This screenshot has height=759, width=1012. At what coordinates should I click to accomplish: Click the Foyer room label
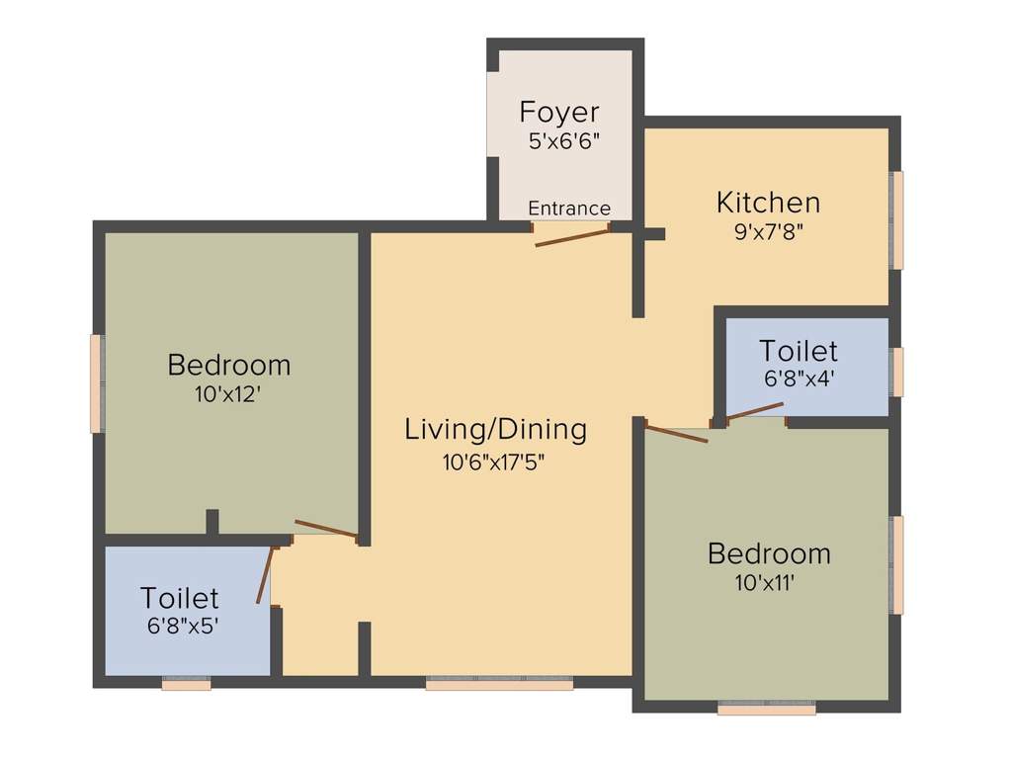559,112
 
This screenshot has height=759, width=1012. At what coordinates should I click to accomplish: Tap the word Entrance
569,209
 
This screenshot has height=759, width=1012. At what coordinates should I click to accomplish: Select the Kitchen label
768,203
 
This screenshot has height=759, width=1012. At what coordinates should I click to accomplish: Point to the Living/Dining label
496,429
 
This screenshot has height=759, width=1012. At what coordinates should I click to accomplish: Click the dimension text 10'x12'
229,394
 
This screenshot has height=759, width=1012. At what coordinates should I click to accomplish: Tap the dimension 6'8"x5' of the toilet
180,626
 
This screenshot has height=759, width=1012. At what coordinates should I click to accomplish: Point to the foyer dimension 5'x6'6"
559,140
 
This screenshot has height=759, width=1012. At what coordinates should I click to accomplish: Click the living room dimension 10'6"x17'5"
494,462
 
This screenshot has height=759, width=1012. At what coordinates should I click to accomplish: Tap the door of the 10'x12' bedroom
326,530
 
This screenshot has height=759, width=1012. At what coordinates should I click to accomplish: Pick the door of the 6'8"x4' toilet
755,411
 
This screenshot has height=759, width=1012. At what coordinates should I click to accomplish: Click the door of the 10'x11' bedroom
676,433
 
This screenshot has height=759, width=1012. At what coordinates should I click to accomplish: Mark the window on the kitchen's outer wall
897,219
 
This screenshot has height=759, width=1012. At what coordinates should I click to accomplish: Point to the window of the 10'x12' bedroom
96,383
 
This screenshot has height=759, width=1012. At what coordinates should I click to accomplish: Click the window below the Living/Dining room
499,682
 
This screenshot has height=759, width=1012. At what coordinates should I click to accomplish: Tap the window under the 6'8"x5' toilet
186,683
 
